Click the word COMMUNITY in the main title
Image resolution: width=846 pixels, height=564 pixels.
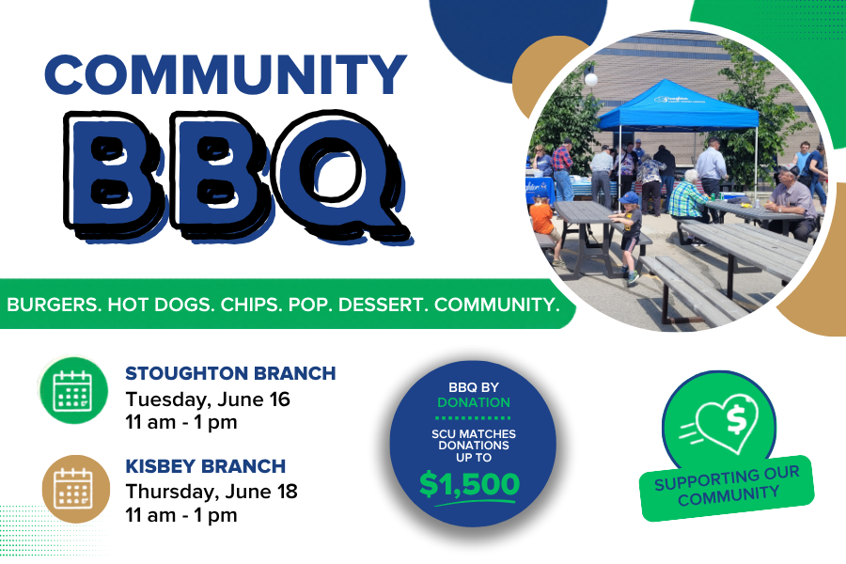(226, 74)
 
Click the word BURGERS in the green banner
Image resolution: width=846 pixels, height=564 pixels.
(53, 305)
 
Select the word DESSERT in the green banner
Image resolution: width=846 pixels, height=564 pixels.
(384, 305)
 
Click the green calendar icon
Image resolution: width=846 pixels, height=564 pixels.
(73, 390)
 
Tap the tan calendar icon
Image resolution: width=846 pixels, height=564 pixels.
(76, 489)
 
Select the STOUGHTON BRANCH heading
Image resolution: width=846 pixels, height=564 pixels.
(230, 373)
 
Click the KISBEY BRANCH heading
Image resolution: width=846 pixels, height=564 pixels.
(206, 466)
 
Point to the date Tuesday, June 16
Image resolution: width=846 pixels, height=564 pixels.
(208, 399)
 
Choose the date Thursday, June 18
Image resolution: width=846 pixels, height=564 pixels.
(211, 493)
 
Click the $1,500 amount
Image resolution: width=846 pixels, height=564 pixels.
(469, 483)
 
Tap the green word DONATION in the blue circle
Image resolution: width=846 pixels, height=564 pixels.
(474, 402)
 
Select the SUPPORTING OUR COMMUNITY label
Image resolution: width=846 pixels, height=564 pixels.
(727, 487)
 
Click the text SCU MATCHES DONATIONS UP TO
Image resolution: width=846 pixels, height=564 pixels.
(474, 446)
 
